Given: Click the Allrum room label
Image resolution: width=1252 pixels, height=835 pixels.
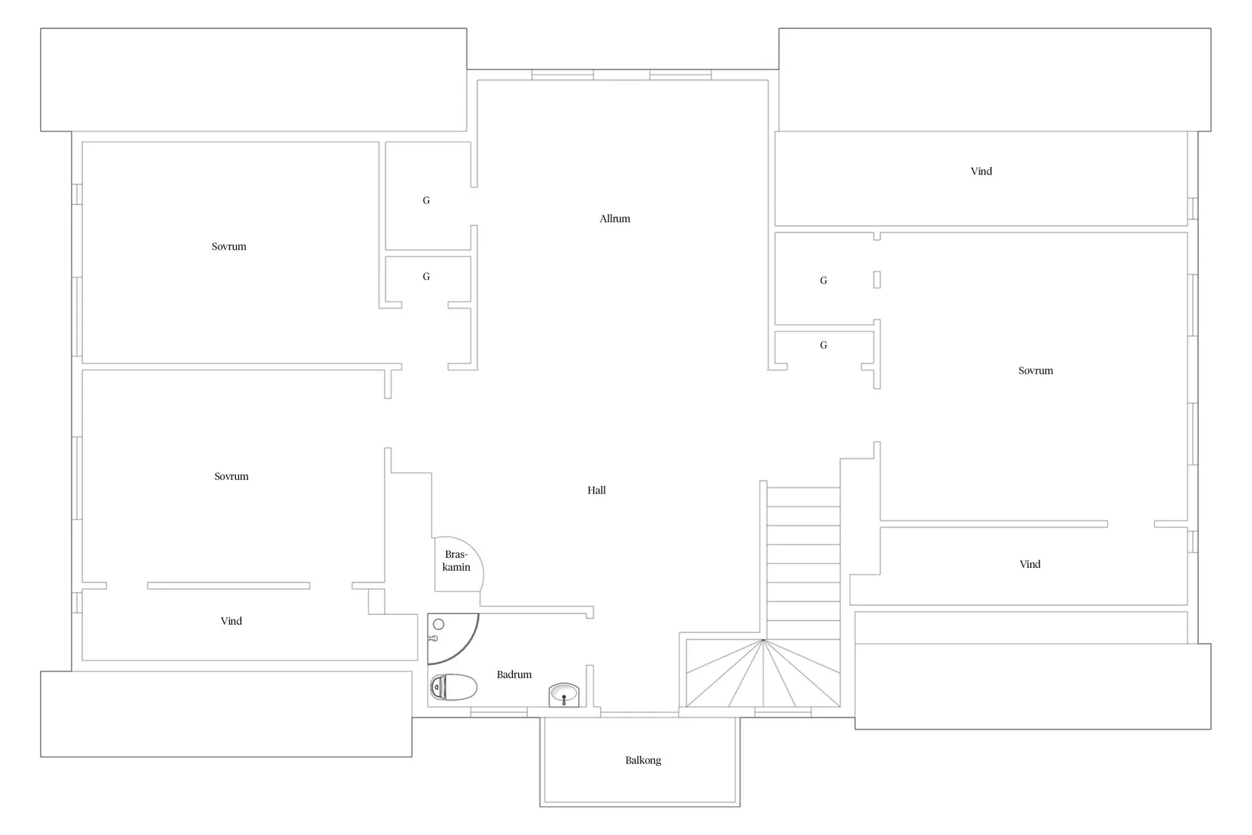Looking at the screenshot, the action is click(x=615, y=219).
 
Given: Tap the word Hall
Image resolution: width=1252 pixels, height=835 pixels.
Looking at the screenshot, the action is click(x=596, y=490).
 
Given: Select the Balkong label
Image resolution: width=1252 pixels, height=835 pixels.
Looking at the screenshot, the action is click(x=643, y=761).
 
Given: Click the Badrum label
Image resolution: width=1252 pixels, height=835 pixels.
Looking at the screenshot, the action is click(x=514, y=675).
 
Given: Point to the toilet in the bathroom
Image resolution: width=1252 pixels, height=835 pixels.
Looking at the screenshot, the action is click(x=453, y=687).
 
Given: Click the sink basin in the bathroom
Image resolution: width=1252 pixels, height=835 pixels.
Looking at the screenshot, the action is click(x=563, y=695).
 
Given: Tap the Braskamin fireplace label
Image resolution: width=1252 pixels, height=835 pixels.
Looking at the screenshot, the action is click(x=456, y=561).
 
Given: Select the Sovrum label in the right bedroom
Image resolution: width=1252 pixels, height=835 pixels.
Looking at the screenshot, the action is click(x=1035, y=370).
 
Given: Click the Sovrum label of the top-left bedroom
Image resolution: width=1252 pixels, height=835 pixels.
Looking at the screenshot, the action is click(x=228, y=247).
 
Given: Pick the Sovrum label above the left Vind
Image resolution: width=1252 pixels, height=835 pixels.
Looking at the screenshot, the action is click(x=231, y=477).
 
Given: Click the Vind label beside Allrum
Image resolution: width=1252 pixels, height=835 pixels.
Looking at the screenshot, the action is click(x=981, y=172).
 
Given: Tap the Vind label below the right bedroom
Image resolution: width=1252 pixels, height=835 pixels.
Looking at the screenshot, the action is click(x=1030, y=564).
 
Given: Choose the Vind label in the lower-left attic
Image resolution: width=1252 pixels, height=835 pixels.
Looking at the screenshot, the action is click(x=231, y=621).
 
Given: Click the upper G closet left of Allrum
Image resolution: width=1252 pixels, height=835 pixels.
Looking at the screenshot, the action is click(x=426, y=200).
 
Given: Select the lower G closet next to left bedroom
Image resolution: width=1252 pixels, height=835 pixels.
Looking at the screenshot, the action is click(x=426, y=276).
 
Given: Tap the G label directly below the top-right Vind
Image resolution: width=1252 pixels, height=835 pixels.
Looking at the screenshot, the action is click(x=823, y=280).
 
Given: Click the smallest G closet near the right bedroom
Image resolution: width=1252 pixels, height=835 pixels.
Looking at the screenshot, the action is click(x=823, y=345).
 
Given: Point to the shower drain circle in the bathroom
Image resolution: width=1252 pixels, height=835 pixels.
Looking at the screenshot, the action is click(x=439, y=624).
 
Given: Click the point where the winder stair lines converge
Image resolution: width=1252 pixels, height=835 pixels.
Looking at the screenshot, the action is click(x=763, y=640).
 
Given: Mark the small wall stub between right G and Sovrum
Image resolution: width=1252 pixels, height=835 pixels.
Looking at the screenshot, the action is click(x=877, y=279).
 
